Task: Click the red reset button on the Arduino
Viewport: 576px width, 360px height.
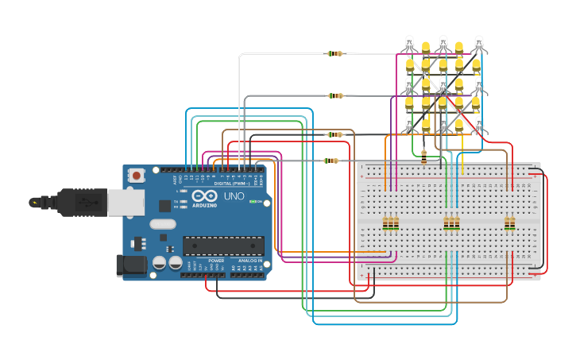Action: tap(137, 175)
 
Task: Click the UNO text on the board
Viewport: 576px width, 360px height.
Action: tap(234, 196)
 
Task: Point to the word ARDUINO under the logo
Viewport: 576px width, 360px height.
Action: tap(203, 206)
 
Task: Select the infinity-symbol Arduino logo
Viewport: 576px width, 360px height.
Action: tap(203, 195)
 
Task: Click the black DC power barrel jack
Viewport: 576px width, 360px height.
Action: tap(131, 265)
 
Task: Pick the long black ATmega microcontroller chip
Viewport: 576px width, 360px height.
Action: tap(223, 246)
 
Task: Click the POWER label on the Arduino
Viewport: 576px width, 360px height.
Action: tap(216, 261)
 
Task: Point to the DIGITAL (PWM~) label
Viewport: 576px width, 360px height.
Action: tap(231, 183)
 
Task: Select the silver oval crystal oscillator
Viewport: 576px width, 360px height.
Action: tap(162, 224)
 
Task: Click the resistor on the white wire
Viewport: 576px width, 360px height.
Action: tap(335, 54)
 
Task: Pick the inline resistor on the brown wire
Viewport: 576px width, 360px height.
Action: tap(335, 134)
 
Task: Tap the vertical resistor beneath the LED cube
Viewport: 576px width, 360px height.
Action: tap(423, 157)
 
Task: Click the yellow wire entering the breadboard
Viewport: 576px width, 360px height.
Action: tap(462, 167)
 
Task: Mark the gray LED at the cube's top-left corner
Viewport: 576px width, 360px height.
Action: tap(409, 43)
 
